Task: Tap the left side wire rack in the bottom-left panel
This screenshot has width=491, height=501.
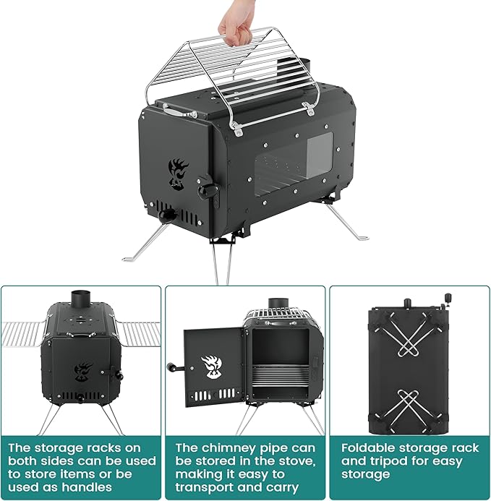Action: click(22, 333)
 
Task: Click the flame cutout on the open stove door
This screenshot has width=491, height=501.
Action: click(210, 365)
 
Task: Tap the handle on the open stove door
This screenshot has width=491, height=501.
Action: click(174, 367)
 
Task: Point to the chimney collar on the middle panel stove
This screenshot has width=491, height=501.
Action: click(278, 304)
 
